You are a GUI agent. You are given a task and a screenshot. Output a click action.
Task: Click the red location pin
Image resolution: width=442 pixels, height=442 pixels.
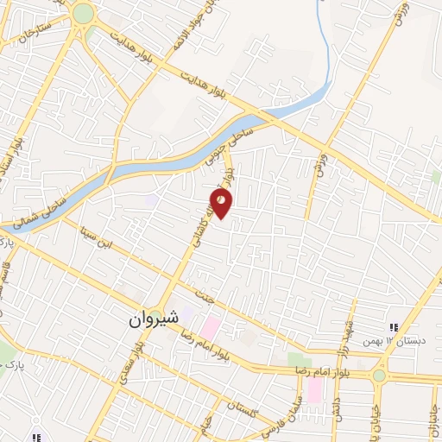(222, 203)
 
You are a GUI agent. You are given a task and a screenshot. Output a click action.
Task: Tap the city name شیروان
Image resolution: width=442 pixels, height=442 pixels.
(152, 318)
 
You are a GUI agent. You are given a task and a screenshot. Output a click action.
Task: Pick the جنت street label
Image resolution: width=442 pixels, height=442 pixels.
(205, 296)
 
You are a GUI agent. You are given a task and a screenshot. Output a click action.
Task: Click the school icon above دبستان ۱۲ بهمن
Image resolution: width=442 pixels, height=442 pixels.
(395, 327)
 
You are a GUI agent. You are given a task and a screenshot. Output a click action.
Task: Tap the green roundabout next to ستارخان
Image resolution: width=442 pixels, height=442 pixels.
(83, 13)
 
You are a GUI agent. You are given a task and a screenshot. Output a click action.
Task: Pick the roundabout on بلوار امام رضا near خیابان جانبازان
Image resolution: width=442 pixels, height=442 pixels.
(378, 376)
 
